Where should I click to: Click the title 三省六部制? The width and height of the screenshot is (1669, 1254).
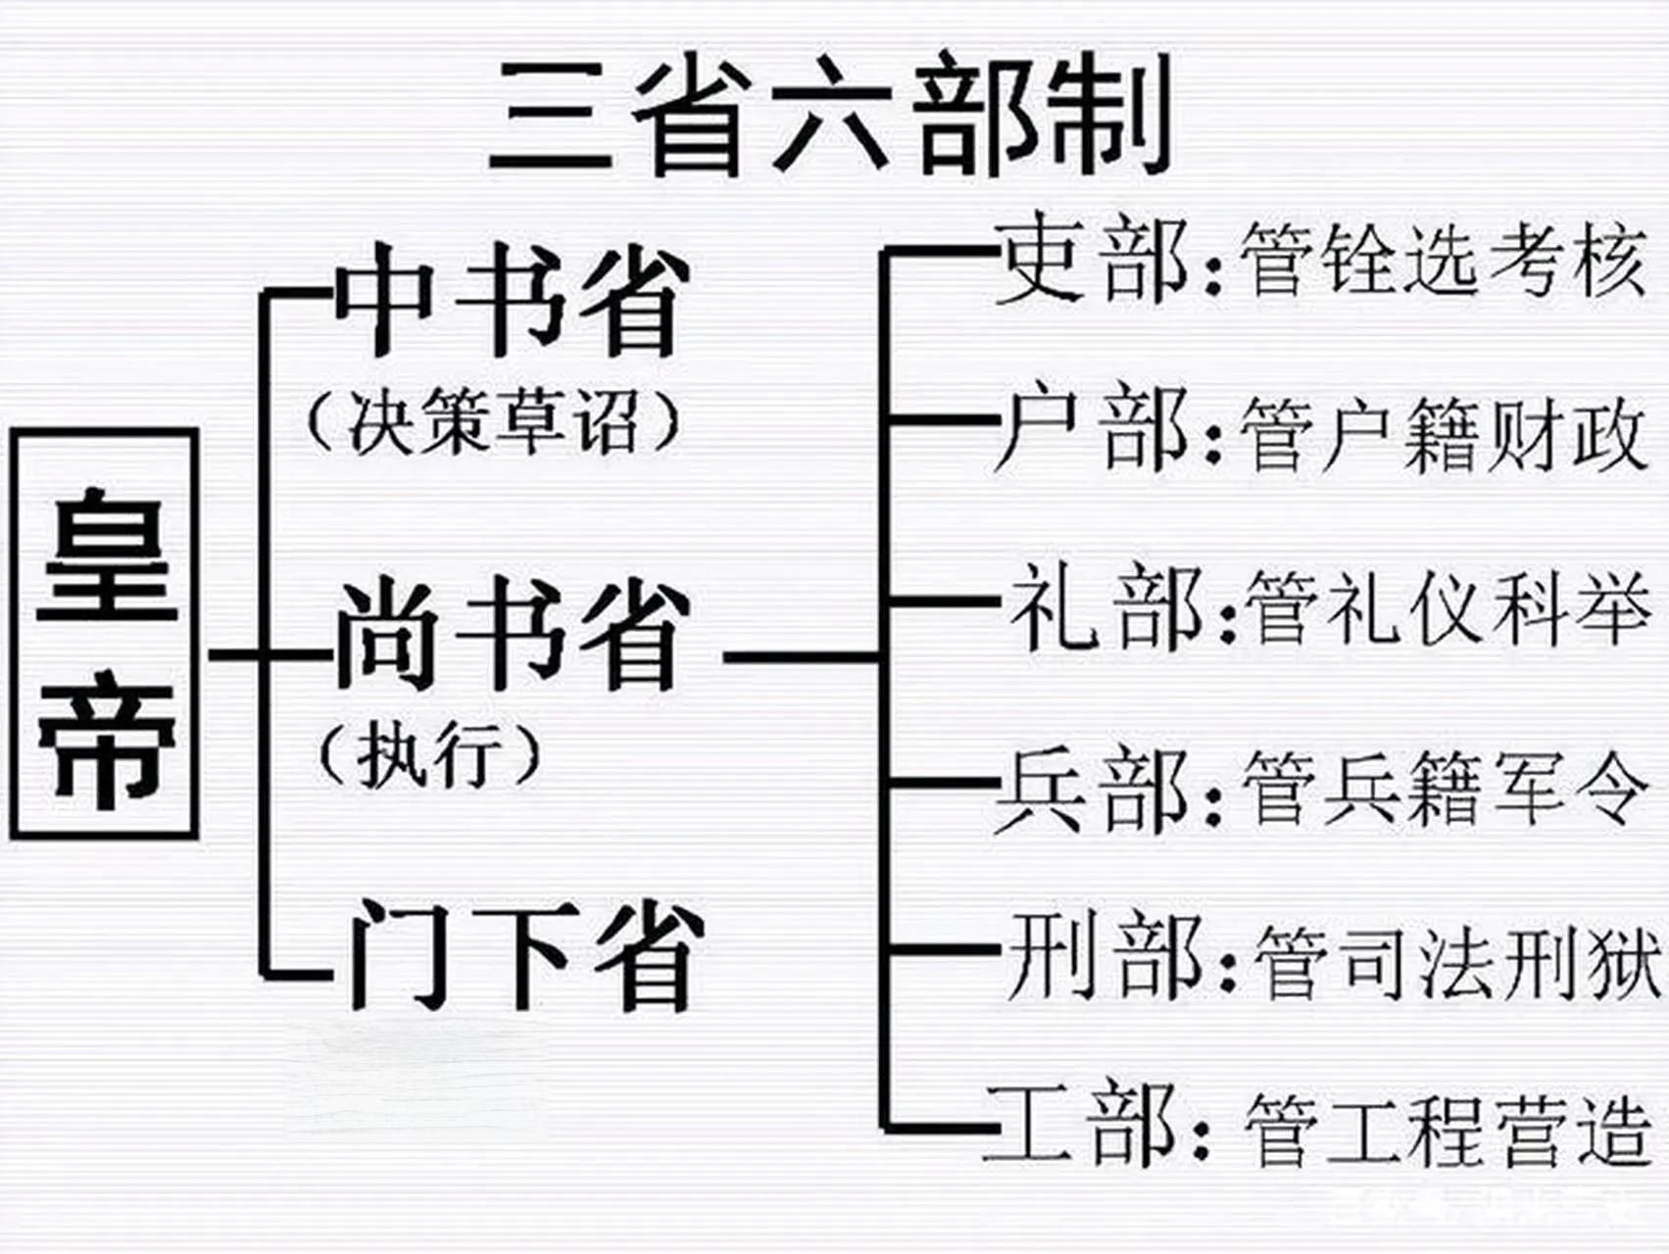831,116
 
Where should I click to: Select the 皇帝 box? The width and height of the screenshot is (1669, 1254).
105,634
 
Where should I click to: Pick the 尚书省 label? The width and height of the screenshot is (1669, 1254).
509,634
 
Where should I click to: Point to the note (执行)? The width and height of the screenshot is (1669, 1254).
430,754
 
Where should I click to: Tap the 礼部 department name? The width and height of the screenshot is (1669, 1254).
1104,607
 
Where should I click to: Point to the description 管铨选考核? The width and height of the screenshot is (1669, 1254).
1441,260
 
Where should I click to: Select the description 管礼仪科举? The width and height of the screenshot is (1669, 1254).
1447,607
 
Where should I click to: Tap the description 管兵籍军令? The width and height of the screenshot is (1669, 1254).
1445,788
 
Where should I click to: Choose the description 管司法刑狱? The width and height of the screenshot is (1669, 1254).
1456,960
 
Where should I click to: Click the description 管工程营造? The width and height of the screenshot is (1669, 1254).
1447,1129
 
